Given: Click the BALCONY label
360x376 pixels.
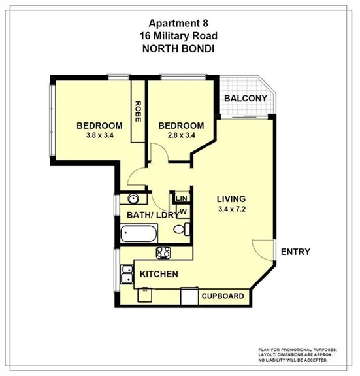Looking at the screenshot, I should [246, 99].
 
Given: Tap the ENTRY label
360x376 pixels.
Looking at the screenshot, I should [295, 252].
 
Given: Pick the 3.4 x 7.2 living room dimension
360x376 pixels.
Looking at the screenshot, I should [231, 210].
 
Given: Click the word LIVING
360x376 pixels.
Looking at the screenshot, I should [231, 199].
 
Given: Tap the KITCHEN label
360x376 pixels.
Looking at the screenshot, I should [158, 274].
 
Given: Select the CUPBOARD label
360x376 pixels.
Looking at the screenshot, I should [223, 296].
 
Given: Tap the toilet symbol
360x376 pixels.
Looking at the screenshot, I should [184, 229].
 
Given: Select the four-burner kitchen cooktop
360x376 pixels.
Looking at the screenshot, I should [163, 253].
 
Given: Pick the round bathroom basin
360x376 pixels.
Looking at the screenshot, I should [133, 199].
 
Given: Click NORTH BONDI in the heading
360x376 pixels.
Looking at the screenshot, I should [179, 48].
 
